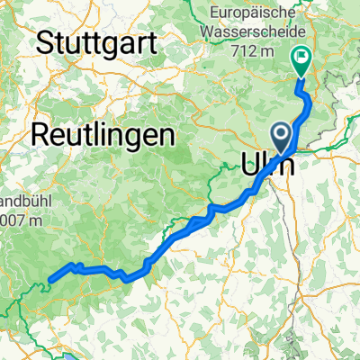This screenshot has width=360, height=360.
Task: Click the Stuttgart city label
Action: coord(97,42)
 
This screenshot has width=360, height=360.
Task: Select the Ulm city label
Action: coord(268,164)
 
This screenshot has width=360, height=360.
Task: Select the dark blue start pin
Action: coord(282,137)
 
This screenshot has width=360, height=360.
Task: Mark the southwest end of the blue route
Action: coord(49,280)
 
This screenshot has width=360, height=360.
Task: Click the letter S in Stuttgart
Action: coord(46,42)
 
